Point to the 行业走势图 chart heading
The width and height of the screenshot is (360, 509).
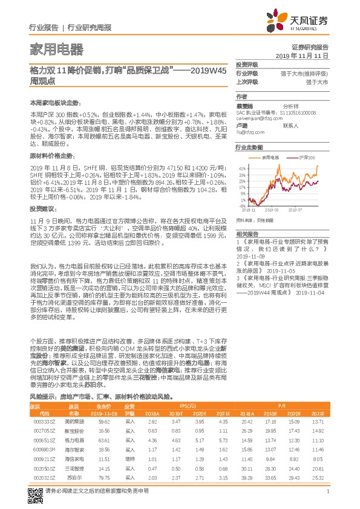249,148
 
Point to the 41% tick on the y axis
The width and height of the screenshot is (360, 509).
242,168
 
